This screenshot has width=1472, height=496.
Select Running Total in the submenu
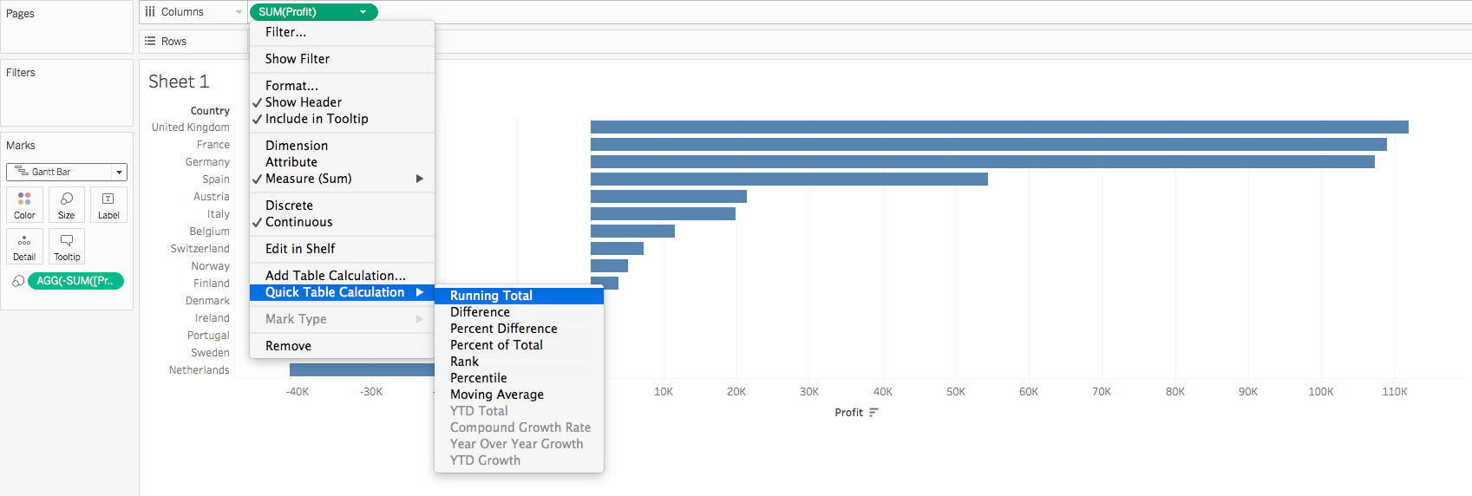click(491, 296)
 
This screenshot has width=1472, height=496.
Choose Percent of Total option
click(496, 345)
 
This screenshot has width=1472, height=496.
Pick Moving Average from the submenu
click(496, 395)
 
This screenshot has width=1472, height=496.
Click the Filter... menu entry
click(285, 32)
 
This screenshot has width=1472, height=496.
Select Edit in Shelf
click(299, 249)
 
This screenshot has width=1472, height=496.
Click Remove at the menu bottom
click(288, 346)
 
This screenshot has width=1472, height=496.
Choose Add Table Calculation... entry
click(335, 276)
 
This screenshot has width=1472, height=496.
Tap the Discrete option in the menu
click(289, 206)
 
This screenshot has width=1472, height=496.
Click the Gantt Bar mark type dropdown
click(67, 172)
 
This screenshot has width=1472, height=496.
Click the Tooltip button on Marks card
click(67, 246)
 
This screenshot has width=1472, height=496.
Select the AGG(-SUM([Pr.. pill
click(75, 281)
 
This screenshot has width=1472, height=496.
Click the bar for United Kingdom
click(998, 127)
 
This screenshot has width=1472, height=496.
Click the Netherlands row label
click(199, 370)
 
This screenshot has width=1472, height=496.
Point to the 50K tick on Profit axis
click(955, 392)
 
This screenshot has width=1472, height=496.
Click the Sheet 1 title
click(179, 82)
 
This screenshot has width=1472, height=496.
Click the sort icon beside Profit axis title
click(873, 413)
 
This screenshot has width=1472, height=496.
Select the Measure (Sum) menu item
click(308, 179)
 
